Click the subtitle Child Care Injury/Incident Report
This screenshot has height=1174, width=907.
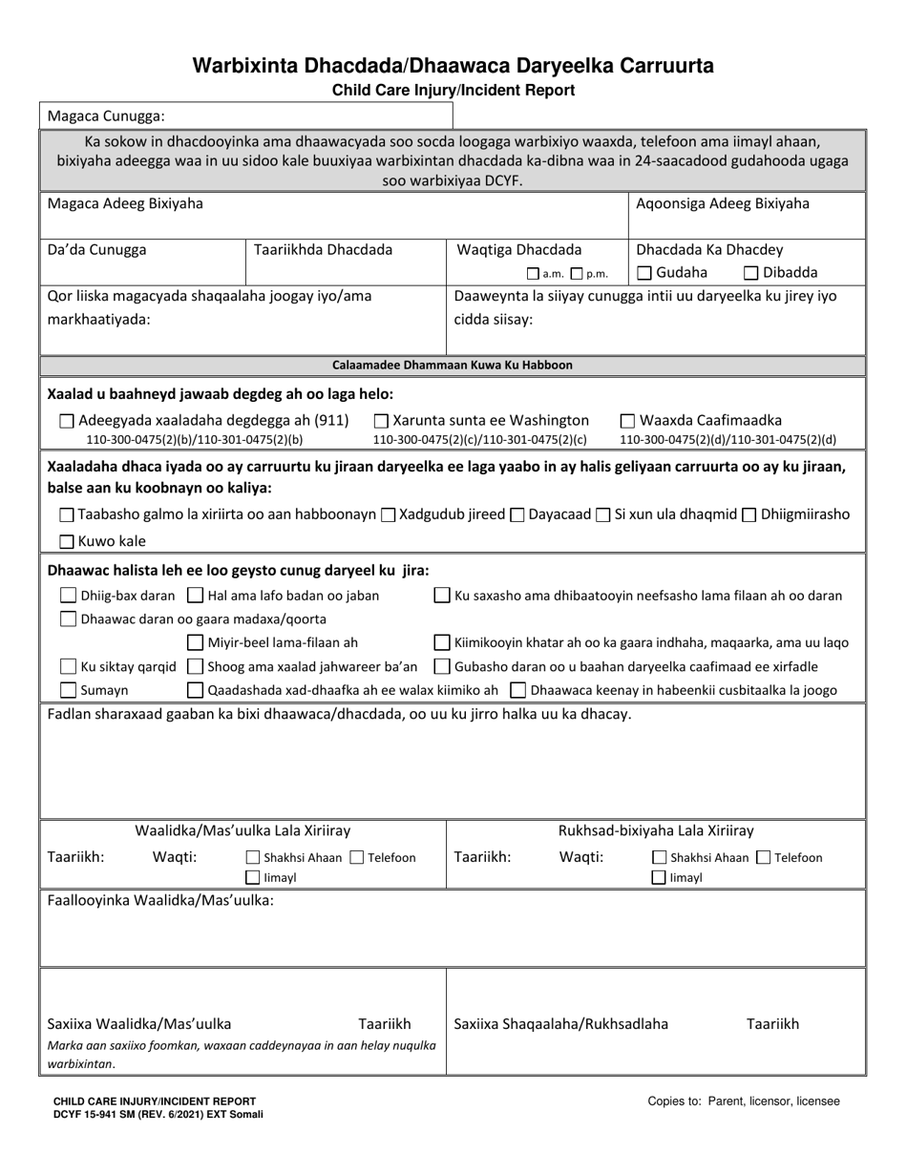pyautogui.click(x=453, y=91)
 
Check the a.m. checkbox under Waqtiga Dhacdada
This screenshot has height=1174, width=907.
pyautogui.click(x=533, y=274)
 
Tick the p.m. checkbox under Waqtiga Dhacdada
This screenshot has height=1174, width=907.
pyautogui.click(x=576, y=274)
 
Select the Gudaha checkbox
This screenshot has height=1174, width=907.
pyautogui.click(x=644, y=273)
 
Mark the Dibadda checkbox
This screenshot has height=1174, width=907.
pyautogui.click(x=751, y=273)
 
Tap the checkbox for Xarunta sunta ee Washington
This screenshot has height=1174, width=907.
pyautogui.click(x=381, y=421)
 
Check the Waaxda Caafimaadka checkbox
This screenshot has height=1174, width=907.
pyautogui.click(x=628, y=421)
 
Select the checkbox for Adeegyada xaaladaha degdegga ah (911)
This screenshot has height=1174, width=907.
pyautogui.click(x=66, y=421)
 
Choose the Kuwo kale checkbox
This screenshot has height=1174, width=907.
pyautogui.click(x=66, y=542)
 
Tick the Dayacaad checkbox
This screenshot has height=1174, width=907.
pyautogui.click(x=517, y=515)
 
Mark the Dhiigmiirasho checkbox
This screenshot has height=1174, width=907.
pyautogui.click(x=749, y=515)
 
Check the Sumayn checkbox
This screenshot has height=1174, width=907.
pyautogui.click(x=69, y=690)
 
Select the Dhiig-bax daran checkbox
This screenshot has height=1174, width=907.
pyautogui.click(x=69, y=596)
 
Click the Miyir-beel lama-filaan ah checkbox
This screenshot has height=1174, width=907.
pyautogui.click(x=195, y=642)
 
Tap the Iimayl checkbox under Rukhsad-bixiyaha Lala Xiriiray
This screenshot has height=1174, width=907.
pyautogui.click(x=659, y=877)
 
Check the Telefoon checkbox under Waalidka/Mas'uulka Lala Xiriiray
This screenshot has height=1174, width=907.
pyautogui.click(x=356, y=858)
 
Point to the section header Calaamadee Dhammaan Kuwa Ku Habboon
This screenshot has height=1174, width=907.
pyautogui.click(x=453, y=365)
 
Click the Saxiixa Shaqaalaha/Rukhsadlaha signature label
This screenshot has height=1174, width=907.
pyautogui.click(x=560, y=1024)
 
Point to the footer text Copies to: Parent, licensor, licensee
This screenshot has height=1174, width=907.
pyautogui.click(x=744, y=1101)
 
